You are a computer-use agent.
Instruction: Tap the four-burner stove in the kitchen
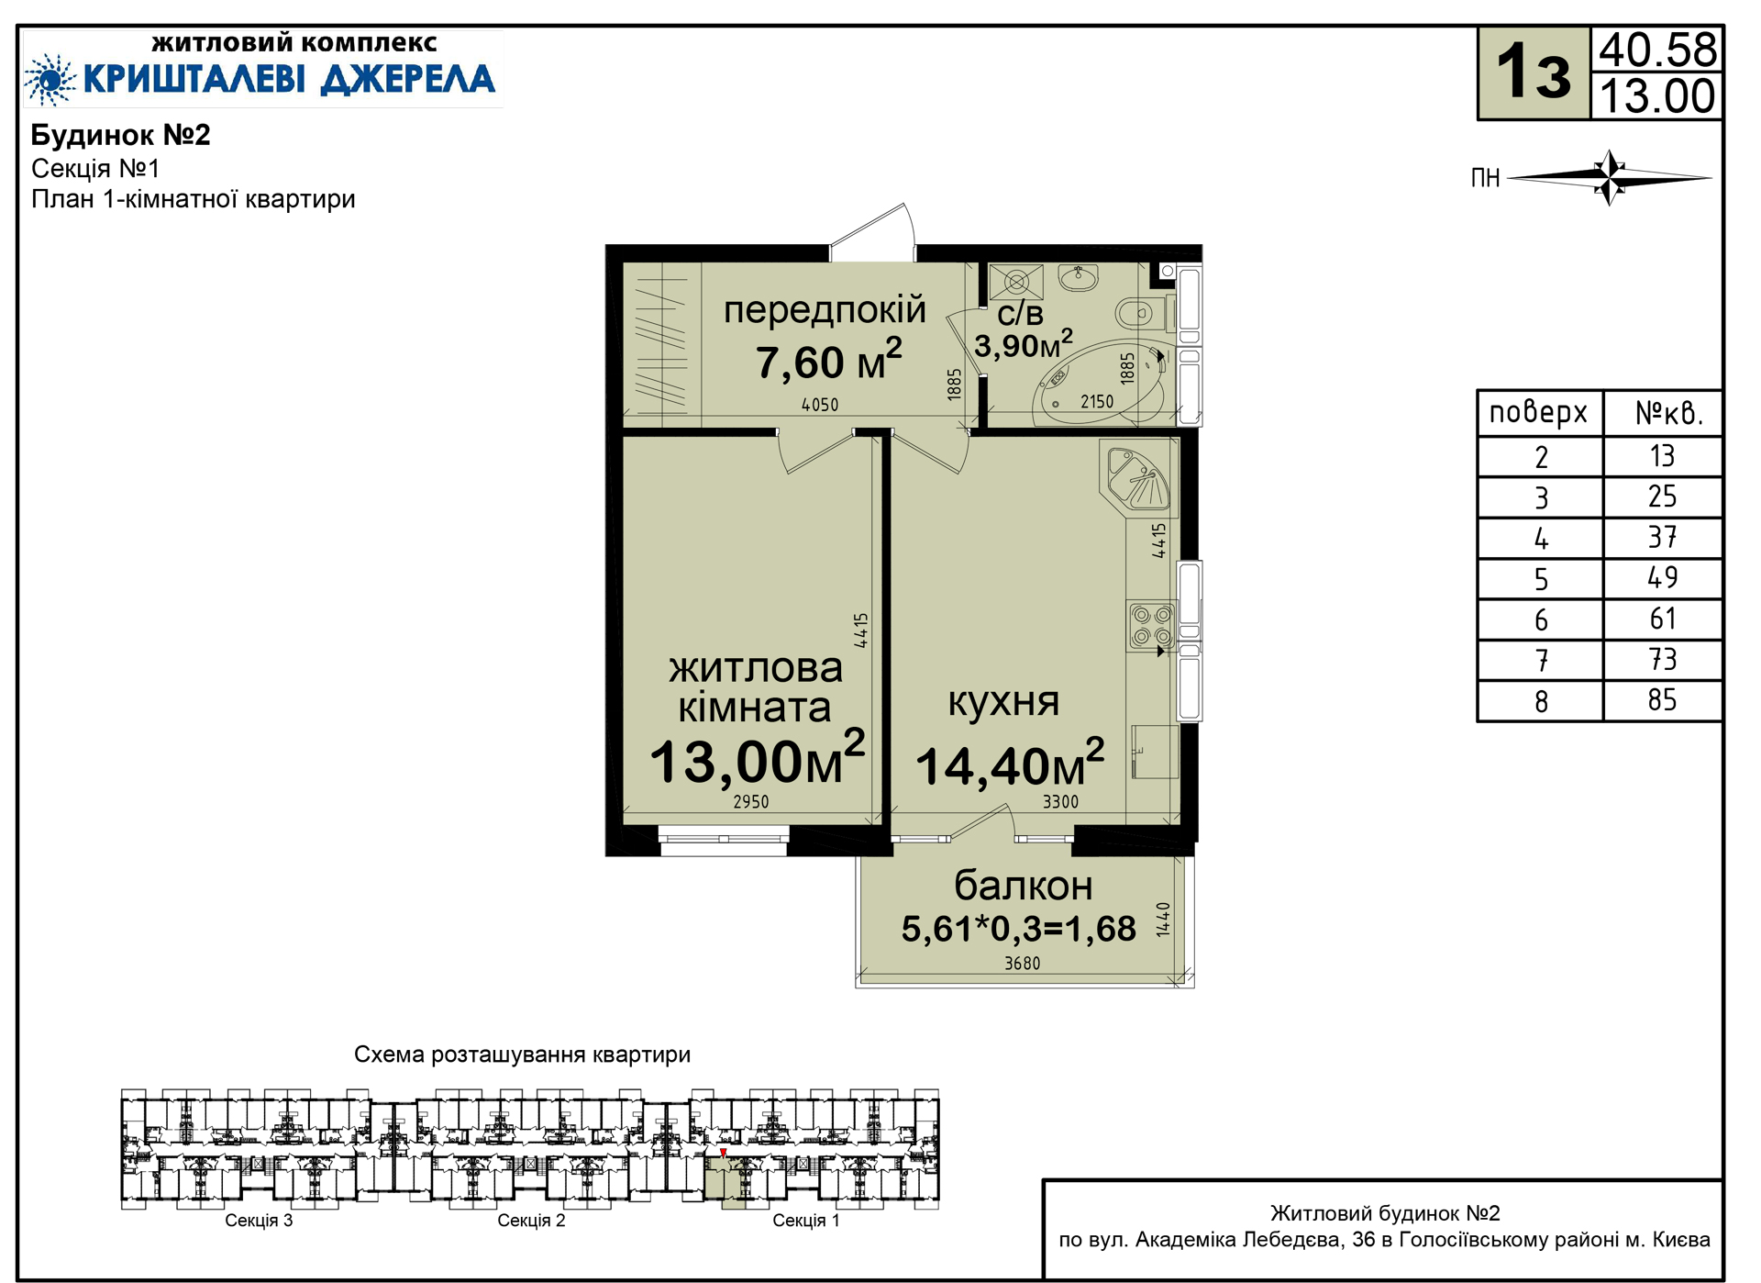(1152, 626)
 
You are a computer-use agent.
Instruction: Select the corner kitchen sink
(1138, 477)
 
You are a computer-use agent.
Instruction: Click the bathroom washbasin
(1079, 276)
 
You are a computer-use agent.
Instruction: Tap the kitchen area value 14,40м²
(1010, 764)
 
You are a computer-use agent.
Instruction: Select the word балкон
(1023, 886)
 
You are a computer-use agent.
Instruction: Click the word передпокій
(825, 310)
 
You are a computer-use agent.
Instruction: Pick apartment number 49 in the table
(1662, 577)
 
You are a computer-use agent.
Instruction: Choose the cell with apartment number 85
(1662, 700)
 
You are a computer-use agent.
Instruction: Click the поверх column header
(1538, 413)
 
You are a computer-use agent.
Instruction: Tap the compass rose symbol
(1610, 177)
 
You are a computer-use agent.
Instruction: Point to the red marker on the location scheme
(723, 1153)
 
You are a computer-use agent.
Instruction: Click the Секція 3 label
(259, 1221)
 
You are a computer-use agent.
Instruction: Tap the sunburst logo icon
(50, 79)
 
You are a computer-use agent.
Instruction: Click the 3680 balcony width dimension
(1022, 963)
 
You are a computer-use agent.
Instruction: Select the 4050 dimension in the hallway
(819, 405)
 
